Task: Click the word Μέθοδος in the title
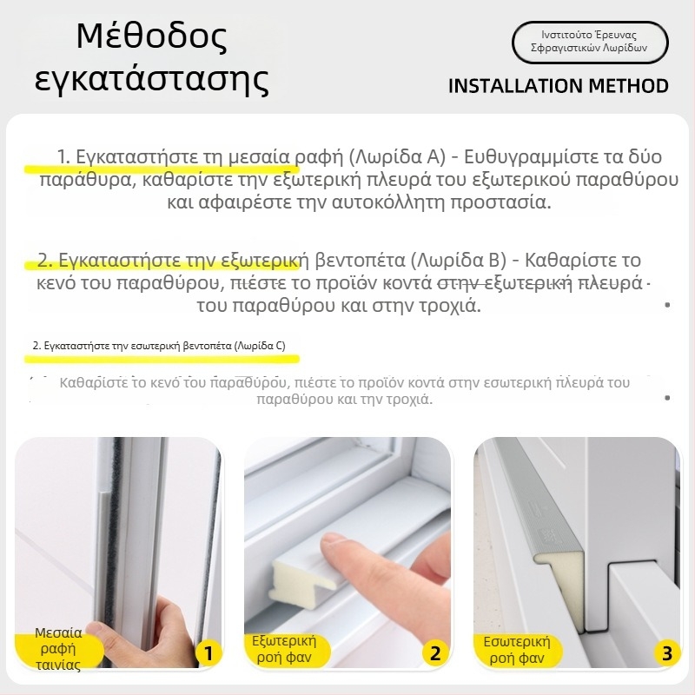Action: pos(151,36)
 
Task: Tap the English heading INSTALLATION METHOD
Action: pos(559,86)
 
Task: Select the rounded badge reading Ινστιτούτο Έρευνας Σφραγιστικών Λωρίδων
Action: pos(590,42)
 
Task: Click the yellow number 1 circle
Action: pos(208,653)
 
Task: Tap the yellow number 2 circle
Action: pos(436,653)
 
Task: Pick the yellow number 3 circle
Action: pos(666,653)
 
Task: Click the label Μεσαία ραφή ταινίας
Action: pos(58,648)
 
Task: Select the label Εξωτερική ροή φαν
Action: pos(284,649)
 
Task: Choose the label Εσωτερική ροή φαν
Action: pos(517,650)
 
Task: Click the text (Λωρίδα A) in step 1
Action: pos(397,156)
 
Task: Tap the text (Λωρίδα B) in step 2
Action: pos(459,260)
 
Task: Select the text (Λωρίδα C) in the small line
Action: pos(260,346)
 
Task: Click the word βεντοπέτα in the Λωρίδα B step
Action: pos(360,260)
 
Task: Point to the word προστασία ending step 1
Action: pos(501,202)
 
